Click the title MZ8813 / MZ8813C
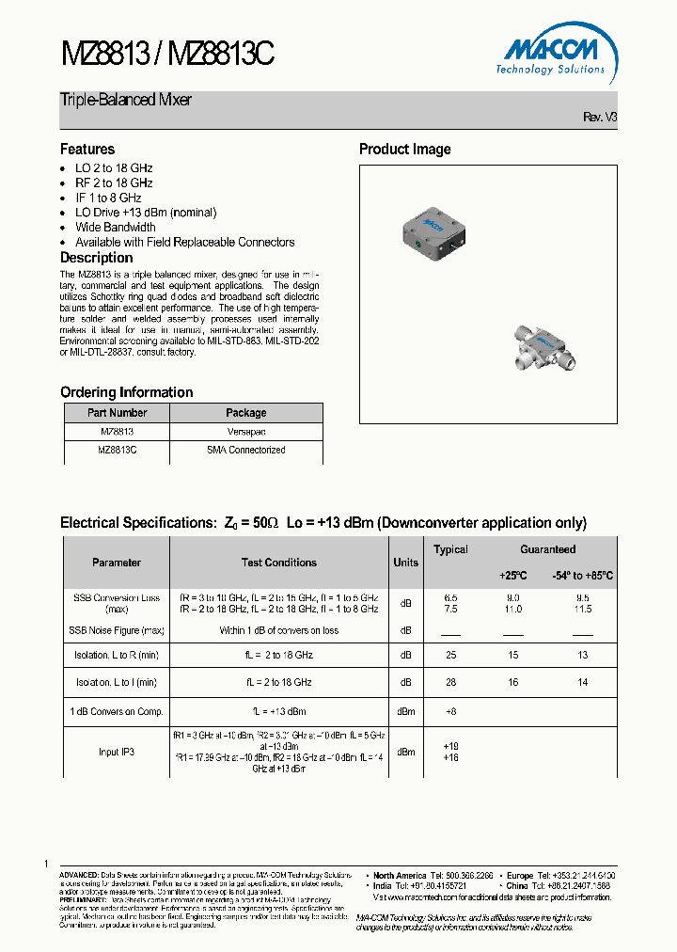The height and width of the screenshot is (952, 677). click(x=167, y=56)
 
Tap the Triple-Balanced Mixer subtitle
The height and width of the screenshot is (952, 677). click(x=126, y=100)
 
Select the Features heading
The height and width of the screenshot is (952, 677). click(x=87, y=149)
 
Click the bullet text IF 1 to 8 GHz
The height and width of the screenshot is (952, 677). click(x=108, y=198)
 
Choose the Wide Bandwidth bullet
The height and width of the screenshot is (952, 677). click(x=116, y=227)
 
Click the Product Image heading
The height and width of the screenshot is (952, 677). click(x=404, y=149)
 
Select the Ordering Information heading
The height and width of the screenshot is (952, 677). click(x=126, y=392)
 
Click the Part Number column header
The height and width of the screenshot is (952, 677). click(x=117, y=413)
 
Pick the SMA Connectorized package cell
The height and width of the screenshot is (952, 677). click(x=245, y=450)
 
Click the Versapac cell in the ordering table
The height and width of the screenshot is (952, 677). click(x=245, y=431)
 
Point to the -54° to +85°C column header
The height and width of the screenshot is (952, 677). click(x=582, y=575)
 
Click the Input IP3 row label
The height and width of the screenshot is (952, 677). click(x=117, y=752)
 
